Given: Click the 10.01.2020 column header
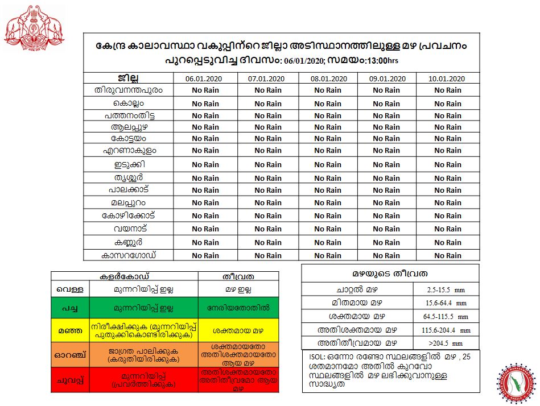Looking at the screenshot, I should tap(447, 78).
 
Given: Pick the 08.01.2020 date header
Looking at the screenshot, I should tap(328, 78).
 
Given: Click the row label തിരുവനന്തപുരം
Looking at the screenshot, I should tap(129, 90).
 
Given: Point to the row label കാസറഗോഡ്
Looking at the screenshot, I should tap(129, 255).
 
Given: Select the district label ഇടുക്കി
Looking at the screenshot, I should tap(129, 165).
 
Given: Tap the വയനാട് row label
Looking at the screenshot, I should tap(129, 229).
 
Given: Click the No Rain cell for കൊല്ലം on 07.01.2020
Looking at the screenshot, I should tap(267, 103).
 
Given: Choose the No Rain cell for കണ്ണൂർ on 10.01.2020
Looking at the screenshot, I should tap(447, 242).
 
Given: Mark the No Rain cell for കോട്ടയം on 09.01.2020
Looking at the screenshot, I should tap(386, 139).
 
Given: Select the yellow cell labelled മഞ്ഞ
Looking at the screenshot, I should tap(67, 329).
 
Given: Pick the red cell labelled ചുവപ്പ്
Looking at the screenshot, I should tap(67, 379).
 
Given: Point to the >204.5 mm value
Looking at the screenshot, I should tap(447, 343).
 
